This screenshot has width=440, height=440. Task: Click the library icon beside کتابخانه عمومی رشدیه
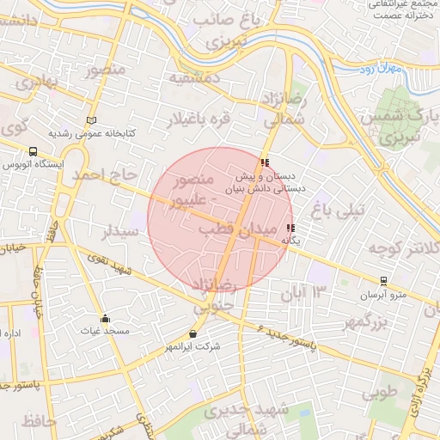pyautogui.click(x=92, y=120)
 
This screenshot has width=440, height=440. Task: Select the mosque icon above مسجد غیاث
pyautogui.click(x=105, y=319)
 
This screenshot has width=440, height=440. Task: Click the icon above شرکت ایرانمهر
pyautogui.click(x=192, y=333)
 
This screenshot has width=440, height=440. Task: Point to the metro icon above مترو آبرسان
pyautogui.click(x=383, y=281)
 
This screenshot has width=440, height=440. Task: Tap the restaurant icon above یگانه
pyautogui.click(x=290, y=229)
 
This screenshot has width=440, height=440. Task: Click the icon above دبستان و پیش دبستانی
pyautogui.click(x=265, y=162)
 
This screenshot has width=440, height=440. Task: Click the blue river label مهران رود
pyautogui.click(x=379, y=67)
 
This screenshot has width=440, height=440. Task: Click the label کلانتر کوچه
pyautogui.click(x=398, y=249)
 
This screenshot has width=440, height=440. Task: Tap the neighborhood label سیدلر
pyautogui.click(x=120, y=232)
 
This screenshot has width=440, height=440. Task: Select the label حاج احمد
pyautogui.click(x=105, y=175)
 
